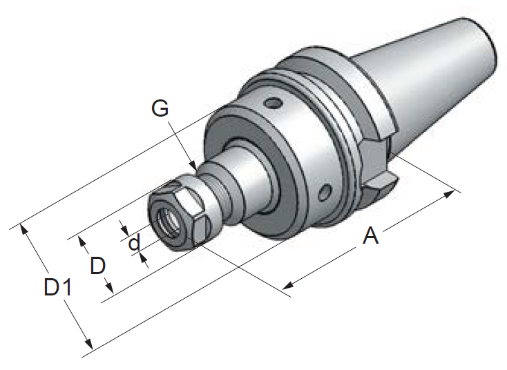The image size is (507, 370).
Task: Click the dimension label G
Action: pyautogui.click(x=160, y=108)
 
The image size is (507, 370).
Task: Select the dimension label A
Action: pyautogui.click(x=370, y=235)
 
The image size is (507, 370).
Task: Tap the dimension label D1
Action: pyautogui.click(x=57, y=286)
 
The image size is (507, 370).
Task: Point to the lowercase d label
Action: pyautogui.click(x=134, y=242)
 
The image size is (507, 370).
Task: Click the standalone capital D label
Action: pyautogui.click(x=97, y=266)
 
